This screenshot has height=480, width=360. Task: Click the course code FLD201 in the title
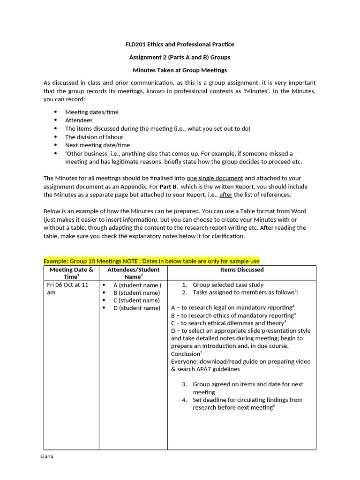[136, 44]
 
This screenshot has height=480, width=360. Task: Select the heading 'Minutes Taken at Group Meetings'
[180, 70]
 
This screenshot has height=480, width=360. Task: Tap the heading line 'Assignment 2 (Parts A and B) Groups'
[180, 57]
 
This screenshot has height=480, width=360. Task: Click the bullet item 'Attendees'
[79, 120]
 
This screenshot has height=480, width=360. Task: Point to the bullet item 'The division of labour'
[94, 137]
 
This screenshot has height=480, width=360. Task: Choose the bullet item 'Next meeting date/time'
[97, 145]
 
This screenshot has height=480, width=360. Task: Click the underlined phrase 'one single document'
[215, 178]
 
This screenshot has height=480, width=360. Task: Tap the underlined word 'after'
[226, 195]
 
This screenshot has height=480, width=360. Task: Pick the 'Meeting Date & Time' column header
[71, 273]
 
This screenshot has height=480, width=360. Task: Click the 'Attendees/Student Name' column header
[134, 273]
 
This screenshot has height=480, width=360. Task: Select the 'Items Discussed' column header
[242, 270]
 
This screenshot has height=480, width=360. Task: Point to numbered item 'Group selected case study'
[228, 285]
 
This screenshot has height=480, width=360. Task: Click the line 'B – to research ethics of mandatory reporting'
[232, 315]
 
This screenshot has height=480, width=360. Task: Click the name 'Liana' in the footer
[47, 457]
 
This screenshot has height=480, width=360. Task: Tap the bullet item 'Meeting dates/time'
[91, 112]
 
